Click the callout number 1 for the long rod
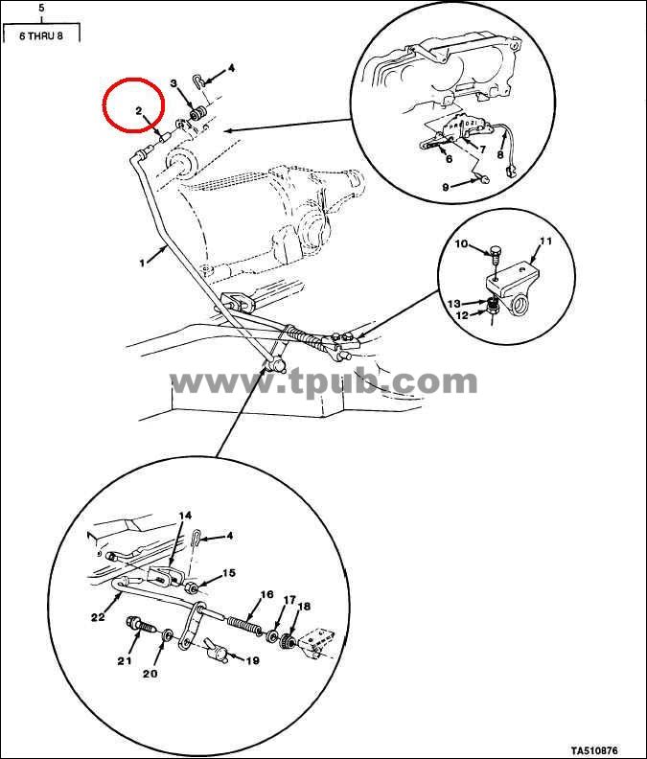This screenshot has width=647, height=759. pos(143,264)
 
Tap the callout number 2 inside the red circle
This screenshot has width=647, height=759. pos(138,110)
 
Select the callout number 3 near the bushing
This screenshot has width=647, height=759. pos(173,83)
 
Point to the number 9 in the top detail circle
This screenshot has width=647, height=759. pos(446,187)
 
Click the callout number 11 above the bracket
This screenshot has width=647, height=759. pos(545,242)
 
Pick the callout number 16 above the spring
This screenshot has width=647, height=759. pos(266,594)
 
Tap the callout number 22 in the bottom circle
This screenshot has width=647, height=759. pos(98,617)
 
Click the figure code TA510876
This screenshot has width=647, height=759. pos(593,750)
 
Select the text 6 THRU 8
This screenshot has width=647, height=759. pos(41,35)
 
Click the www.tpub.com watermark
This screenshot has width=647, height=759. pos(324,382)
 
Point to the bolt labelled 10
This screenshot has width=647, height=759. pos(495,254)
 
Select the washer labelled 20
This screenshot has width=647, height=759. pos(166,634)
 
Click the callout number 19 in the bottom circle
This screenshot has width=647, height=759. pos(253,660)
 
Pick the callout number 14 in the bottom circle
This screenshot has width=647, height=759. pos(184,515)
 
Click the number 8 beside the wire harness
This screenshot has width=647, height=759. pos(500,155)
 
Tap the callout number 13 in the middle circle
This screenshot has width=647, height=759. pos(453,304)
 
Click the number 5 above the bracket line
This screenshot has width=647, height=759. pos(41,8)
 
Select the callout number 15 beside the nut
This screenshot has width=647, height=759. pos(228,573)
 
